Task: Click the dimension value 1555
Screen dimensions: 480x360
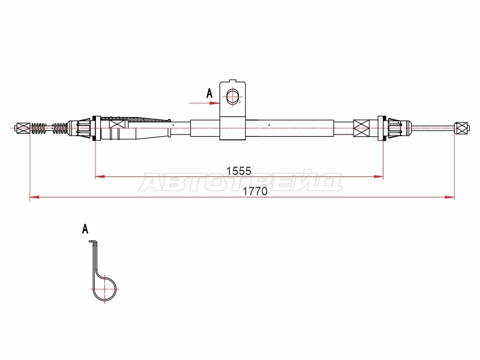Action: [x=238, y=171]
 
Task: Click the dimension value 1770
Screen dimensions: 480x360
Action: [x=254, y=191]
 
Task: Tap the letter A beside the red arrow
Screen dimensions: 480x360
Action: [x=209, y=94]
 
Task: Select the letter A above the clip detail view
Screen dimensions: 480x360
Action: [x=85, y=229]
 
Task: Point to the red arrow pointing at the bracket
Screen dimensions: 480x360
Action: [x=204, y=103]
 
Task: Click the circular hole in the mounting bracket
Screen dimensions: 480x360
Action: [x=233, y=97]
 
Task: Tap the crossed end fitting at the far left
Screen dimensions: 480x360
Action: [x=23, y=128]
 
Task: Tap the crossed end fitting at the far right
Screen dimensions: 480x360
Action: [x=462, y=128]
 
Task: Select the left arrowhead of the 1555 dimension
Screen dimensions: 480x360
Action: [x=100, y=176]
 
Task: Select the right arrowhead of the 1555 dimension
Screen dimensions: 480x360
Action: [x=379, y=176]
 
